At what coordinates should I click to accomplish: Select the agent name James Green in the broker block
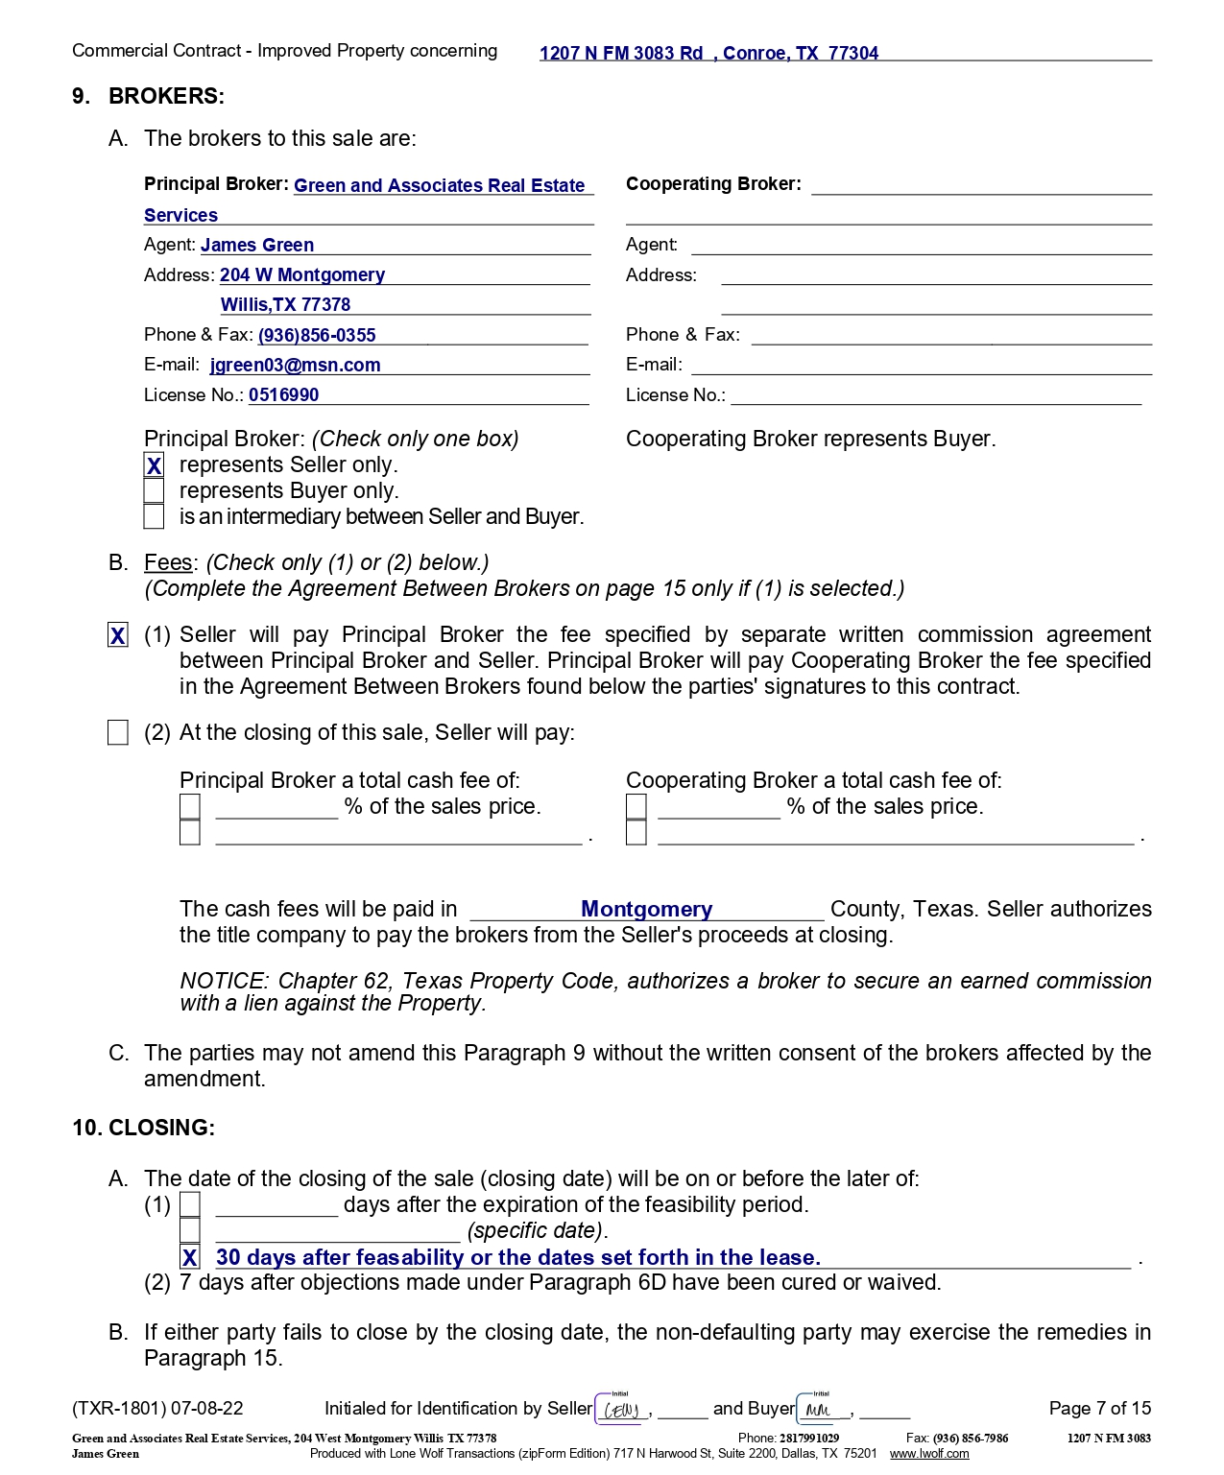pyautogui.click(x=257, y=246)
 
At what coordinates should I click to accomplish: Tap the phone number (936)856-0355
pyautogui.click(x=317, y=336)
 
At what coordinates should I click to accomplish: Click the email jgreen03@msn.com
pyautogui.click(x=295, y=366)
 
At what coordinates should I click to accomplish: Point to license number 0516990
pyautogui.click(x=283, y=395)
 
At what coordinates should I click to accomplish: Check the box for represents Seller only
pyautogui.click(x=154, y=465)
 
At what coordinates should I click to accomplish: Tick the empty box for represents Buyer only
pyautogui.click(x=154, y=490)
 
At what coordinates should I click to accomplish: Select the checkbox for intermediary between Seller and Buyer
pyautogui.click(x=154, y=516)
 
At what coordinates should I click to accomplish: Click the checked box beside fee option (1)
pyautogui.click(x=118, y=635)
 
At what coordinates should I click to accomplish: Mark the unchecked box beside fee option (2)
pyautogui.click(x=118, y=733)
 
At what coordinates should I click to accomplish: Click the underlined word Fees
pyautogui.click(x=168, y=563)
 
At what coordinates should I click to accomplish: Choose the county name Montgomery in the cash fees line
pyautogui.click(x=647, y=909)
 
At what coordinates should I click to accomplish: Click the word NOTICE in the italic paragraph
pyautogui.click(x=223, y=982)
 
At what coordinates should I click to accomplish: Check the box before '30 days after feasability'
pyautogui.click(x=190, y=1257)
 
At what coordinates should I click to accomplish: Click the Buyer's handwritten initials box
pyautogui.click(x=821, y=1409)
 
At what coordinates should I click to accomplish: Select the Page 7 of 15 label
pyautogui.click(x=1099, y=1409)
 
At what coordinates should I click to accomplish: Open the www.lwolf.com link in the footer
pyautogui.click(x=928, y=1454)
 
